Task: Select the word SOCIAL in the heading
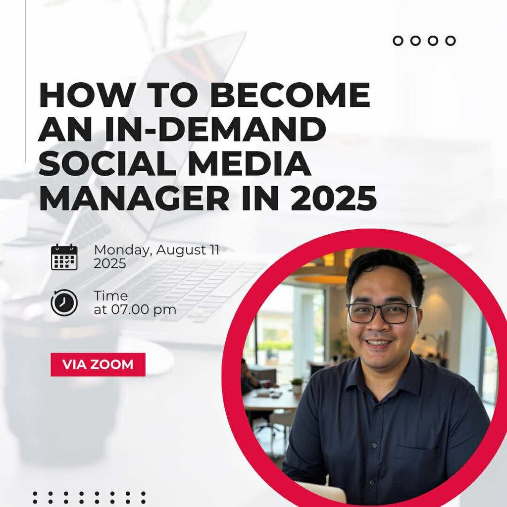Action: (x=105, y=165)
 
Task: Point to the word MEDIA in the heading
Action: (x=250, y=165)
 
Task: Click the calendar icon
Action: (x=64, y=257)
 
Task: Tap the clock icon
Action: (x=64, y=303)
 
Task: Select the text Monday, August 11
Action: (x=156, y=250)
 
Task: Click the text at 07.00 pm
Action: (x=135, y=310)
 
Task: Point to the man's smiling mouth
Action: (x=379, y=343)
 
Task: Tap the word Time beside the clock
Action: (x=111, y=296)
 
